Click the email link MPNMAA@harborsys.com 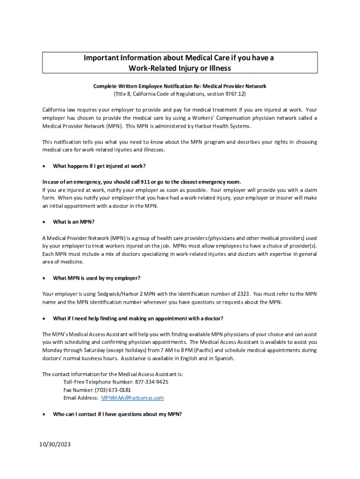[132, 398]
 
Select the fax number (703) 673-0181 [114, 390]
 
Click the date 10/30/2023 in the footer [56, 444]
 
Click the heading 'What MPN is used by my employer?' [97, 278]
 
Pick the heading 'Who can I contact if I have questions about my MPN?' [117, 414]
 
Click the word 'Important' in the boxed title [103, 58]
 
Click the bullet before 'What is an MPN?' [44, 222]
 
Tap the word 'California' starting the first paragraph [56, 110]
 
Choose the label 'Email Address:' [80, 398]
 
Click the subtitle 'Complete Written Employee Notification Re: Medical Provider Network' [180, 87]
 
